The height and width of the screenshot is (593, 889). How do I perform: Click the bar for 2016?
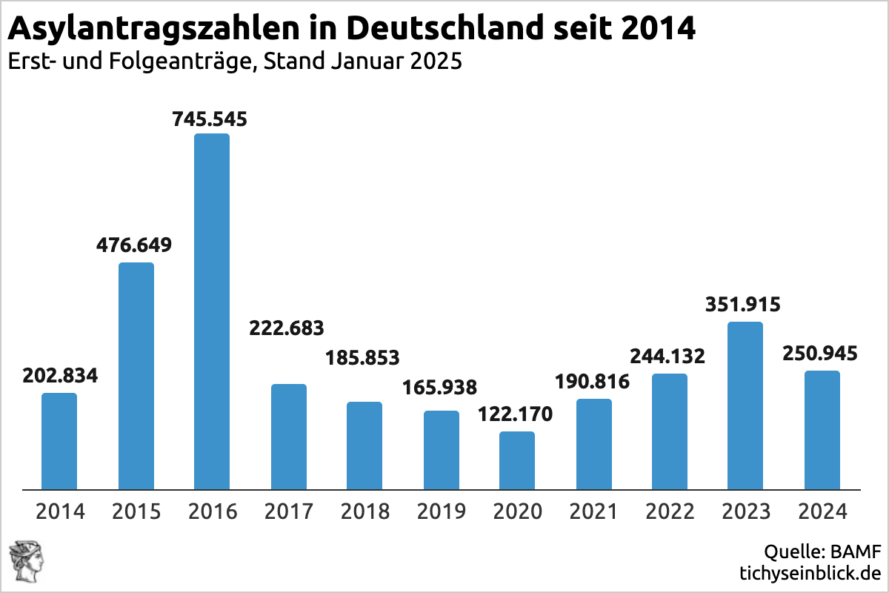pyautogui.click(x=212, y=311)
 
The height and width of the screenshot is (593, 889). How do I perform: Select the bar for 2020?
pyautogui.click(x=517, y=460)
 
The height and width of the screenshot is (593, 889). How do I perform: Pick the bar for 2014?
pyautogui.click(x=59, y=441)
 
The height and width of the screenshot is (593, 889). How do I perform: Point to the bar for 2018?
pyautogui.click(x=364, y=445)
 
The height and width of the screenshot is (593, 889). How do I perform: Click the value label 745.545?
pyautogui.click(x=210, y=119)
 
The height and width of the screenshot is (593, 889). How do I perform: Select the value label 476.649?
pyautogui.click(x=134, y=245)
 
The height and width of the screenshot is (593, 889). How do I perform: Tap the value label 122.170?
pyautogui.click(x=516, y=414)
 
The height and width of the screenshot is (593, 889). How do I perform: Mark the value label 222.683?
pyautogui.click(x=287, y=328)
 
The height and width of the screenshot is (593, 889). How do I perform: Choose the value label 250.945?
pyautogui.click(x=821, y=354)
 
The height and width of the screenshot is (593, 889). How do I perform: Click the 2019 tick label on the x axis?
pyautogui.click(x=441, y=511)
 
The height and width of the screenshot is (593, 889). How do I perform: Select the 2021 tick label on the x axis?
pyautogui.click(x=593, y=511)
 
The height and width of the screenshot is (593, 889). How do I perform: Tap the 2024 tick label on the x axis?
pyautogui.click(x=822, y=511)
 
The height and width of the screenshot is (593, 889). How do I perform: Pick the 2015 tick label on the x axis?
pyautogui.click(x=136, y=511)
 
